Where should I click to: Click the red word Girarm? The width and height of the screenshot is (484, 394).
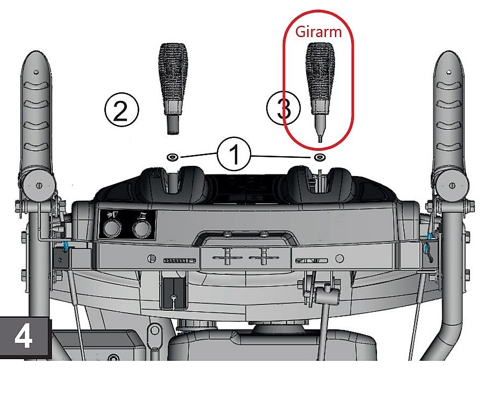tap(318, 32)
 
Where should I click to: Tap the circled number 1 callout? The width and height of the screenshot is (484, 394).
tap(234, 154)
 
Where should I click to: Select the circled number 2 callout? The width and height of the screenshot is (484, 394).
tap(122, 110)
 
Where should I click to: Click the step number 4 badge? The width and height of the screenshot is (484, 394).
tap(25, 338)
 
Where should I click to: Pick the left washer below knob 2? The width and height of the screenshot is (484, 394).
tap(172, 157)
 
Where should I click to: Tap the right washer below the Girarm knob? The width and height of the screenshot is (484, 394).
tap(319, 157)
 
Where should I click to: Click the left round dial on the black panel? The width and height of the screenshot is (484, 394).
tap(112, 229)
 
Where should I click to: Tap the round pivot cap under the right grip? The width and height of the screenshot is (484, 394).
tap(452, 185)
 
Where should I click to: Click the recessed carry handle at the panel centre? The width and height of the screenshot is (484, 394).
tap(244, 238)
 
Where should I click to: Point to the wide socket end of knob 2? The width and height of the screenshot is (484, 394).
tap(173, 125)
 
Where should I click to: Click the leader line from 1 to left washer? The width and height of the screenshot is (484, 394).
tap(198, 155)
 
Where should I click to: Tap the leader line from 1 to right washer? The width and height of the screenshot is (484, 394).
tap(281, 157)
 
